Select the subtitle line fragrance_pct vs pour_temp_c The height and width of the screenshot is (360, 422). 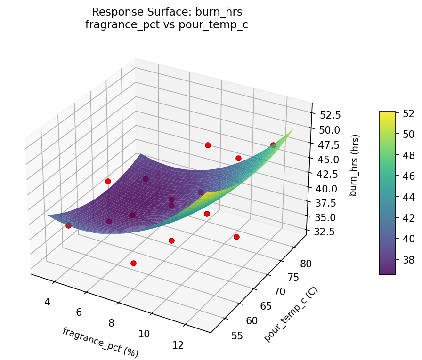coord(166,25)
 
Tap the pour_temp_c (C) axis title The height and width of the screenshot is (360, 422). coord(291,314)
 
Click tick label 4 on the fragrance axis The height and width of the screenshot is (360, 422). coord(47,301)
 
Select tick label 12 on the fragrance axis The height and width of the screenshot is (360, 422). coord(178,345)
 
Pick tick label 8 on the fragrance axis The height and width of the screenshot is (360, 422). coord(111,323)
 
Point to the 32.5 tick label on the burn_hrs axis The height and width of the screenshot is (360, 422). coord(317,232)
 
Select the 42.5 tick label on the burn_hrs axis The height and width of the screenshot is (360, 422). coord(325,174)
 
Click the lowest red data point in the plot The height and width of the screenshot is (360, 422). coord(134,263)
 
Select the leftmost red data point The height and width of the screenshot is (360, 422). coord(68,225)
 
